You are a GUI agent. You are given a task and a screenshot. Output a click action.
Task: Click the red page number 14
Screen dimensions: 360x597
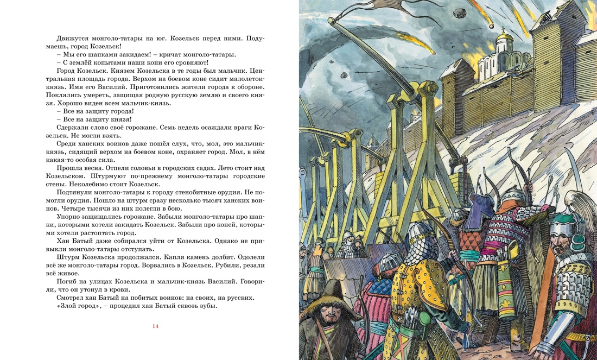[x=155, y=326]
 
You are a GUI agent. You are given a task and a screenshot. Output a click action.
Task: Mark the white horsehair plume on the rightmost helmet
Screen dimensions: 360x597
[x=575, y=203]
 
